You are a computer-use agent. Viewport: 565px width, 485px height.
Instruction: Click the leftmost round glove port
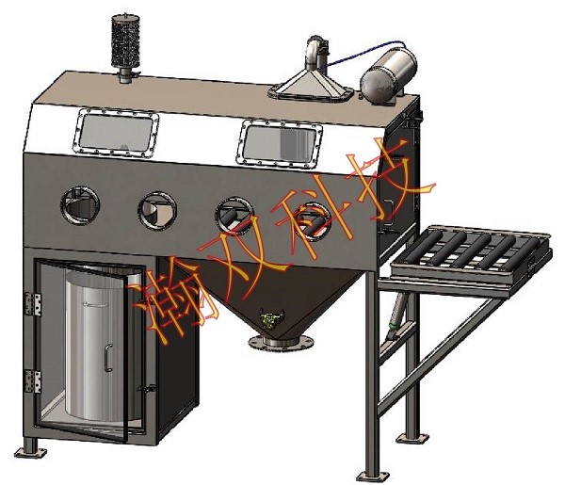pos(80,205)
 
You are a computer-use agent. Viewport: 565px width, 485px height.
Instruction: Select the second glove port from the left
pos(157,211)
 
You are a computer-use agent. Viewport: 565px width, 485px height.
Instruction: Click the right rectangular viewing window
pos(280,144)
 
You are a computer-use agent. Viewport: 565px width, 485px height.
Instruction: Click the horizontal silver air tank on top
pos(389,75)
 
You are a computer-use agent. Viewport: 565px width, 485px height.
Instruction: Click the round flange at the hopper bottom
pos(281,341)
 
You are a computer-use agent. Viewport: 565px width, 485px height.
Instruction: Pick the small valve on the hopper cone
pos(271,317)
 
